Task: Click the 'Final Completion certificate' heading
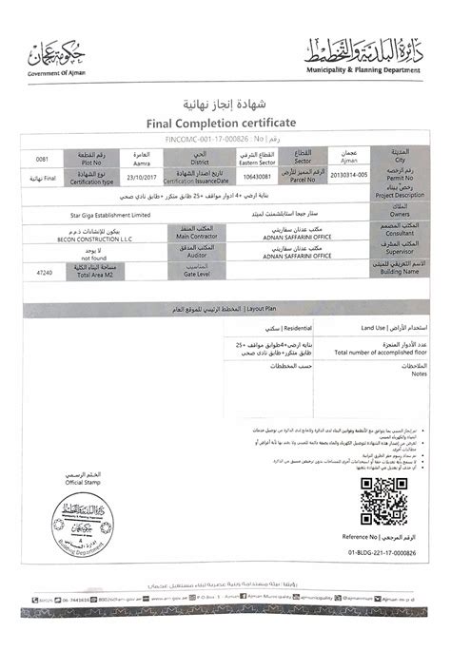pos(221,124)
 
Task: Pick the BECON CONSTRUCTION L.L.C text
pos(94,239)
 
